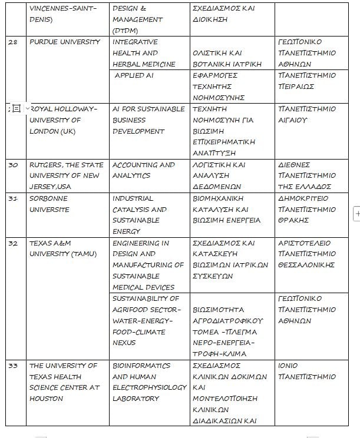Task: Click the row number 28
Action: pos(13,42)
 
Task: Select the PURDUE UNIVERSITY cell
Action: pos(65,42)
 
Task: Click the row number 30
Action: pos(13,165)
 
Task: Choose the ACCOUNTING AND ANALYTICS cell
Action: pos(143,170)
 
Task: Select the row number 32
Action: pos(13,243)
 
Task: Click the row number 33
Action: pos(13,366)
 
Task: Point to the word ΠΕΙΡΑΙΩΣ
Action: pos(296,87)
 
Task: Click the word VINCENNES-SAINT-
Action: pos(61,9)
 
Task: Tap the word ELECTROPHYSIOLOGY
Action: pos(150,387)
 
